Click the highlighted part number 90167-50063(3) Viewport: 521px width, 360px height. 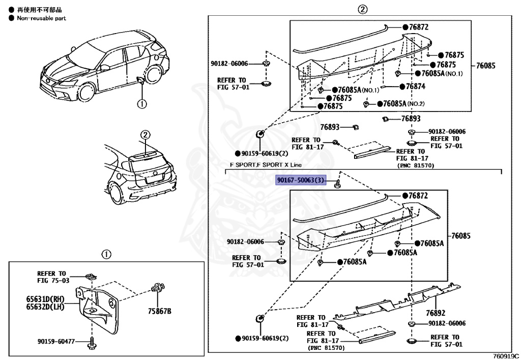[x=300, y=181]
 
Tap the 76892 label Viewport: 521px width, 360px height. [x=436, y=313]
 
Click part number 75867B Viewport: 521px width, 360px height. [x=160, y=311]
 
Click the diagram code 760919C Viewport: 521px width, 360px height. [x=506, y=355]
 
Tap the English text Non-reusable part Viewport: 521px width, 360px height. [x=41, y=18]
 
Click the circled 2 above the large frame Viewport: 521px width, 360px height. [x=362, y=9]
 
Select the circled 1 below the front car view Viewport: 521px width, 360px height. [x=142, y=104]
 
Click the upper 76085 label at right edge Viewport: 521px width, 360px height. [x=485, y=66]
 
